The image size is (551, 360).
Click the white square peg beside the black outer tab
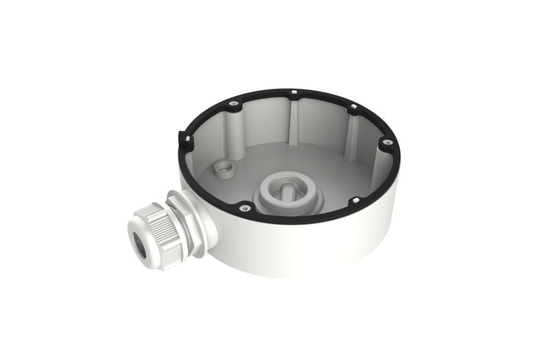click(187, 138)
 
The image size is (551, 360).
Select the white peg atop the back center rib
click(294, 91)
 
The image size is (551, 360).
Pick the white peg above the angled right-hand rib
click(353, 107)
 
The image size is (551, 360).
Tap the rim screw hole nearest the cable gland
click(243, 207)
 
